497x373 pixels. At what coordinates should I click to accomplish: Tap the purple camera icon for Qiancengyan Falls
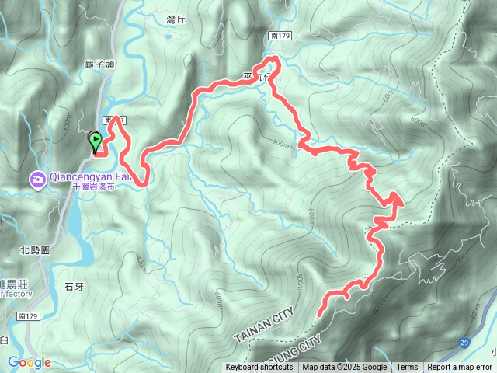[37, 180]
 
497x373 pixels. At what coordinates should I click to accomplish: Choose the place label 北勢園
[34, 250]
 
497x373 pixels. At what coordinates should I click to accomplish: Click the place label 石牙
[74, 287]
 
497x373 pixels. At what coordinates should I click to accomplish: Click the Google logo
[30, 362]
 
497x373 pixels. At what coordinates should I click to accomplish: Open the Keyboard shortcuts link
[259, 368]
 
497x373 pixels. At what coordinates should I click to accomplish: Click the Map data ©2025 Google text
[345, 368]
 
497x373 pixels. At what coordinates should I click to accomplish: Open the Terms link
[407, 368]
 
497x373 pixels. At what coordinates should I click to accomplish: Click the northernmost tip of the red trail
[273, 58]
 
